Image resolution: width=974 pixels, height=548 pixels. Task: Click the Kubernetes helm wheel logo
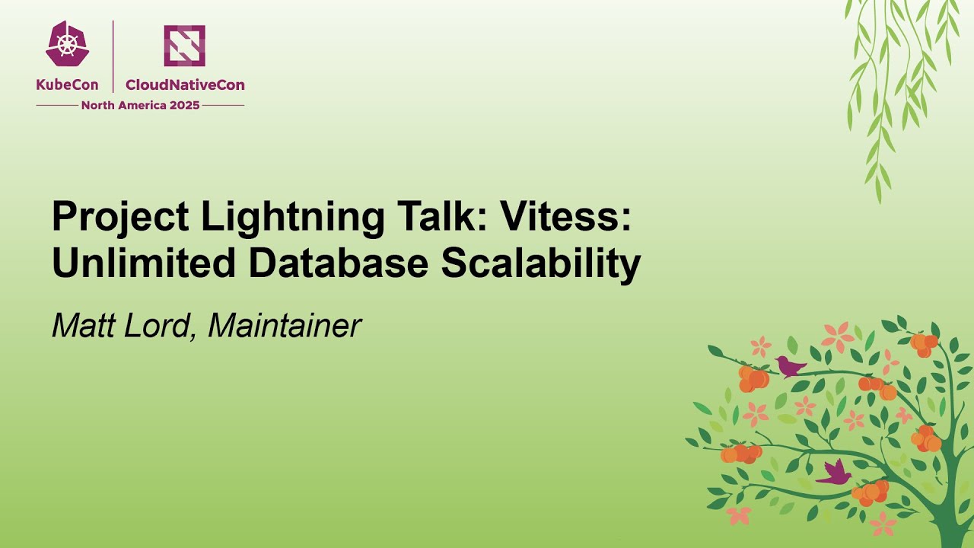(x=67, y=44)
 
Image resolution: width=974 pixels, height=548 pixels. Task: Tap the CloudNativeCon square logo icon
(x=184, y=45)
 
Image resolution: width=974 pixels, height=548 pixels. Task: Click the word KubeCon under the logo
(x=67, y=85)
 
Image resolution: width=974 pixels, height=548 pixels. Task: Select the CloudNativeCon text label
(x=185, y=85)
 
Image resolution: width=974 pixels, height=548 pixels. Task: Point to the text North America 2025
(x=140, y=106)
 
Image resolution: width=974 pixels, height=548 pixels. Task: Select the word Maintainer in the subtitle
(x=284, y=326)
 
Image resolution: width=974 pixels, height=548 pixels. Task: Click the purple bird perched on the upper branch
(x=790, y=367)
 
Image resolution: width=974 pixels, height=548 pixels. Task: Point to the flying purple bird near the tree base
(x=835, y=473)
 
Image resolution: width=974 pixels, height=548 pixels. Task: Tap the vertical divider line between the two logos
(x=113, y=56)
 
